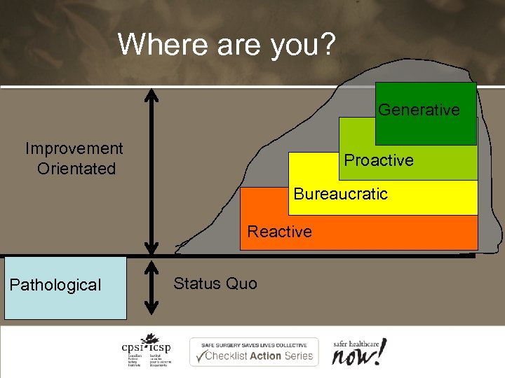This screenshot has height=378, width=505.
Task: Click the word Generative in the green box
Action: click(x=419, y=110)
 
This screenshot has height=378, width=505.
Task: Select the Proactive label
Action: click(x=379, y=160)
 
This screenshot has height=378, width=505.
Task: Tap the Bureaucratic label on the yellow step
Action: click(x=340, y=194)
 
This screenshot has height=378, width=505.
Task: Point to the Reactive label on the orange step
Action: click(x=279, y=232)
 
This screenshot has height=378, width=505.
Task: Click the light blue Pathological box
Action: click(x=65, y=287)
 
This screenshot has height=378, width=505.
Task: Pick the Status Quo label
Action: click(x=215, y=283)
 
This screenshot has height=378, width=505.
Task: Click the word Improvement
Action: click(x=74, y=148)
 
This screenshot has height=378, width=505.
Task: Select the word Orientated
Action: click(x=76, y=169)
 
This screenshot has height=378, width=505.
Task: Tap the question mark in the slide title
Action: click(x=328, y=43)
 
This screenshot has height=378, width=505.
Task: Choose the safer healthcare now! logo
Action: click(x=359, y=351)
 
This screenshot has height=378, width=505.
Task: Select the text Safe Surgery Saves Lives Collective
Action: click(x=253, y=345)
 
